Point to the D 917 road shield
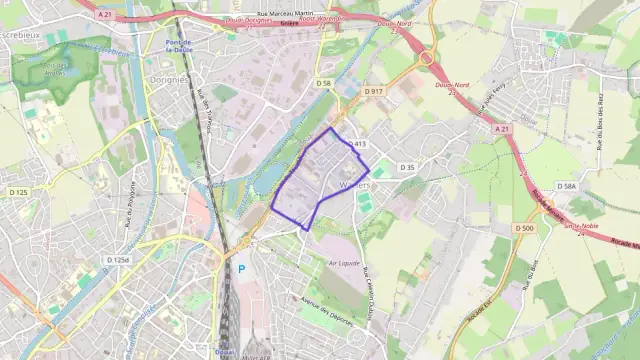[374, 91]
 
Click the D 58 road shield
[322, 82]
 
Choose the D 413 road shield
[357, 144]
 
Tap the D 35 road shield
[406, 167]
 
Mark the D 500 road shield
[524, 228]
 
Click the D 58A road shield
[567, 186]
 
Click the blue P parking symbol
[241, 269]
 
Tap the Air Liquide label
[344, 263]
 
